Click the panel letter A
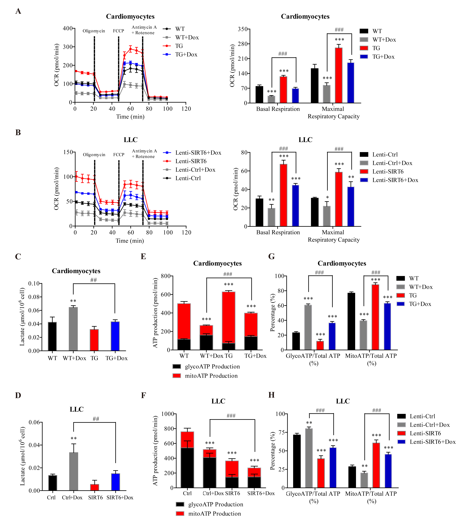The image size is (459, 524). (18, 11)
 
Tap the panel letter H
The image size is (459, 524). (272, 395)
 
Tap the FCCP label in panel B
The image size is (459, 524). (119, 155)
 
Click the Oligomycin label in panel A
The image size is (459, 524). (94, 31)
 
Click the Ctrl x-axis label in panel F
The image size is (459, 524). (187, 493)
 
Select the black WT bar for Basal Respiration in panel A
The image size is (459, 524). (259, 95)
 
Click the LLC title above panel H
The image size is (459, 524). (343, 401)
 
